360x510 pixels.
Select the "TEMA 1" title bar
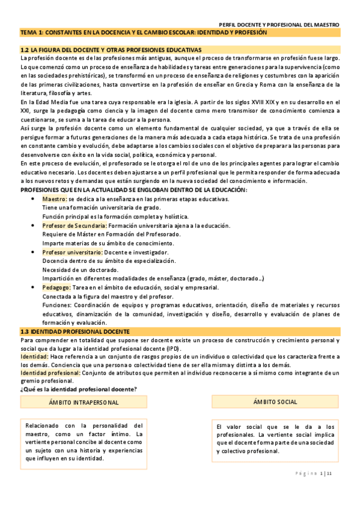(x=180, y=33)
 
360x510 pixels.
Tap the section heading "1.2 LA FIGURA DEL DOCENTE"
(x=111, y=49)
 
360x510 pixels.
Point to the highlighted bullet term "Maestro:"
(x=54, y=198)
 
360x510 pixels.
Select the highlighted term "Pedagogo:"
(x=56, y=287)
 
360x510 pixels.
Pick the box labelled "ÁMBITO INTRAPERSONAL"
(x=84, y=402)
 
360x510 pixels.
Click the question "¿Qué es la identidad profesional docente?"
(x=79, y=389)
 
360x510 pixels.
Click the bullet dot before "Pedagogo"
(x=32, y=287)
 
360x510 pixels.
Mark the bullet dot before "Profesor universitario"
(x=32, y=253)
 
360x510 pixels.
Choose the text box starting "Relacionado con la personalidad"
(x=84, y=442)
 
